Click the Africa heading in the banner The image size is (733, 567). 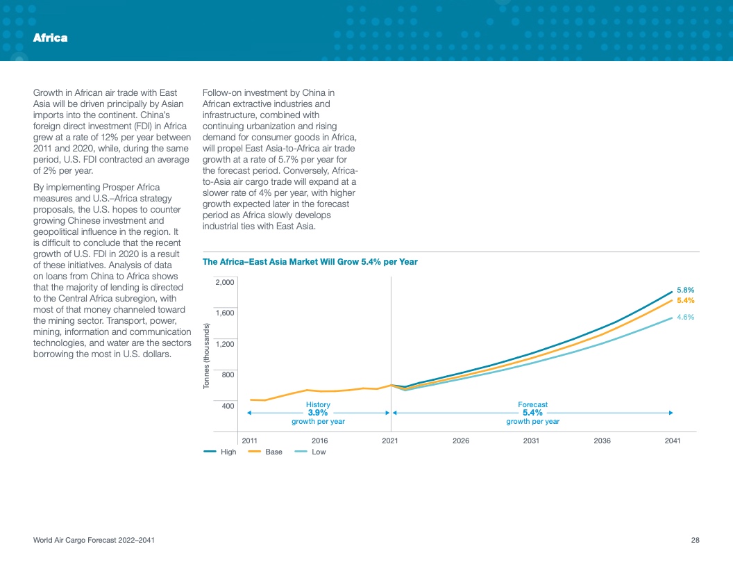pyautogui.click(x=50, y=38)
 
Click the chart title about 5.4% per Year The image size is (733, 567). pyautogui.click(x=310, y=262)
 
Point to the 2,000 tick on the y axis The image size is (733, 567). pyautogui.click(x=225, y=282)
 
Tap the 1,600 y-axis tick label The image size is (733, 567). pyautogui.click(x=225, y=313)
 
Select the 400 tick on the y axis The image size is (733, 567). pyautogui.click(x=228, y=405)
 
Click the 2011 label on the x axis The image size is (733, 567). pyautogui.click(x=249, y=441)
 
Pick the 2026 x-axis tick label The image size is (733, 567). pyautogui.click(x=460, y=441)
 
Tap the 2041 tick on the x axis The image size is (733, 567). pyautogui.click(x=672, y=441)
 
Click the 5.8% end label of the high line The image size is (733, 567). pyautogui.click(x=685, y=290)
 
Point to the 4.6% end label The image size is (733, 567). pyautogui.click(x=685, y=317)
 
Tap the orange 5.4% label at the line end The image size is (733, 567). pyautogui.click(x=685, y=300)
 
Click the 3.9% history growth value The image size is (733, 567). pyautogui.click(x=318, y=413)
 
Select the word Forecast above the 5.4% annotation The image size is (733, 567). pyautogui.click(x=532, y=404)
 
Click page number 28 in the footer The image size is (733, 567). pyautogui.click(x=695, y=541)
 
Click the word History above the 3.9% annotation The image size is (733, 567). pyautogui.click(x=318, y=404)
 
